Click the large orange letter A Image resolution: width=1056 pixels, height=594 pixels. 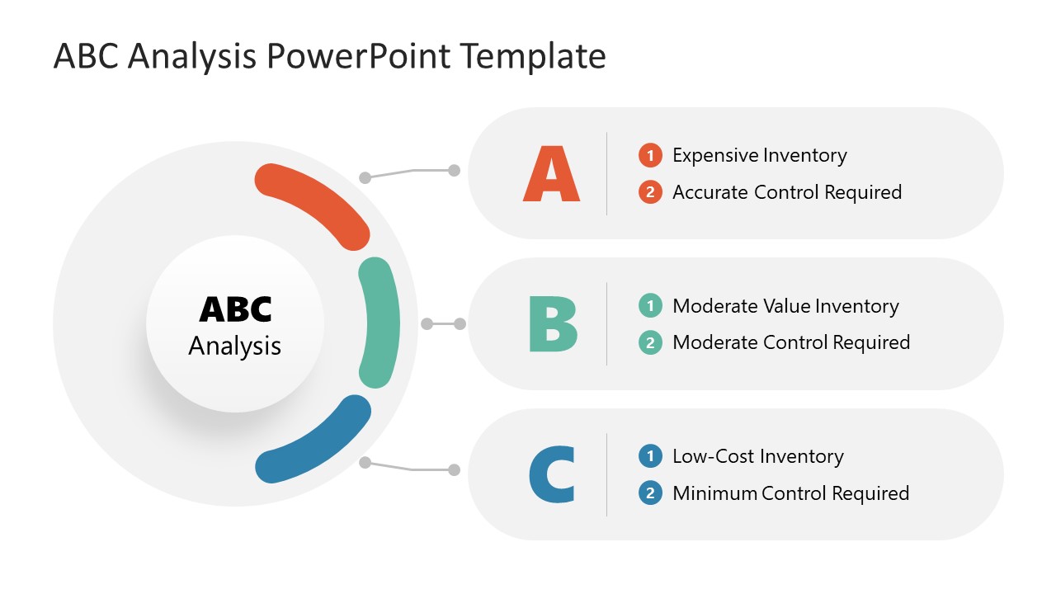(551, 174)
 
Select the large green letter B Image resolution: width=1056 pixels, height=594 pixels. (553, 324)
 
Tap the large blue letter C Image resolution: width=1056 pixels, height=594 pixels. (552, 474)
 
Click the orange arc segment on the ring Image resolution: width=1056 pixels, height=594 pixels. (314, 202)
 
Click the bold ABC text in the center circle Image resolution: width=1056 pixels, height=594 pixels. (235, 309)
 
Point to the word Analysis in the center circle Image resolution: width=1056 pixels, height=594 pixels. (235, 346)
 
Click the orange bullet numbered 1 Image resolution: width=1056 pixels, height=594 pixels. (650, 155)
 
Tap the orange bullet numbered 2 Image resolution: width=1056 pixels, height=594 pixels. (650, 192)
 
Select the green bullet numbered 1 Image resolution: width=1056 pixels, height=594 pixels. (650, 306)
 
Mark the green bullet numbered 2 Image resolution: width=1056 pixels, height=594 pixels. (650, 342)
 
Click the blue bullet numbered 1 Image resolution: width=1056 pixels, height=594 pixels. (650, 456)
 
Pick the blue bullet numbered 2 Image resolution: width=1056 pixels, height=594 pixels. (650, 493)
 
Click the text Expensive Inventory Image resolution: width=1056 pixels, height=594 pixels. (759, 155)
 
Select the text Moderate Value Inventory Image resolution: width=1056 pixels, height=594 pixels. (785, 306)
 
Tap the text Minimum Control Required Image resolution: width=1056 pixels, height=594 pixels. (790, 493)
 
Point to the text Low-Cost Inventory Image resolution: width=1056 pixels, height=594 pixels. (757, 456)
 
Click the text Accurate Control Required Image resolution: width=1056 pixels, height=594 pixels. (787, 192)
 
